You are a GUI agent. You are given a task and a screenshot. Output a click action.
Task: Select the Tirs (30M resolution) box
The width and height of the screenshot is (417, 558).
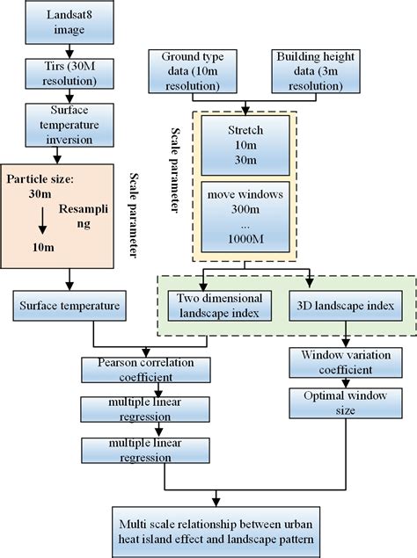pos(57,73)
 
